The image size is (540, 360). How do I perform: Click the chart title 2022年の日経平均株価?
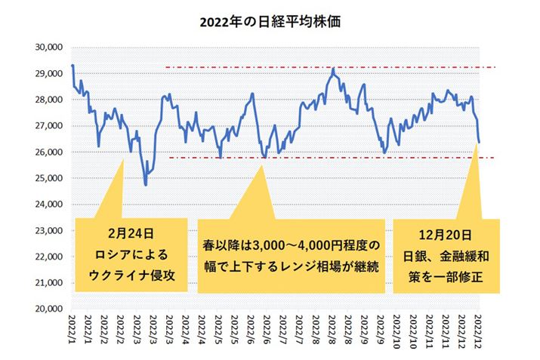(270, 23)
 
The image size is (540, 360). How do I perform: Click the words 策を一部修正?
(447, 276)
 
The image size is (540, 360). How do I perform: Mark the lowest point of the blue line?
(146, 184)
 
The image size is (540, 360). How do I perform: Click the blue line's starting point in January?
(73, 66)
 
